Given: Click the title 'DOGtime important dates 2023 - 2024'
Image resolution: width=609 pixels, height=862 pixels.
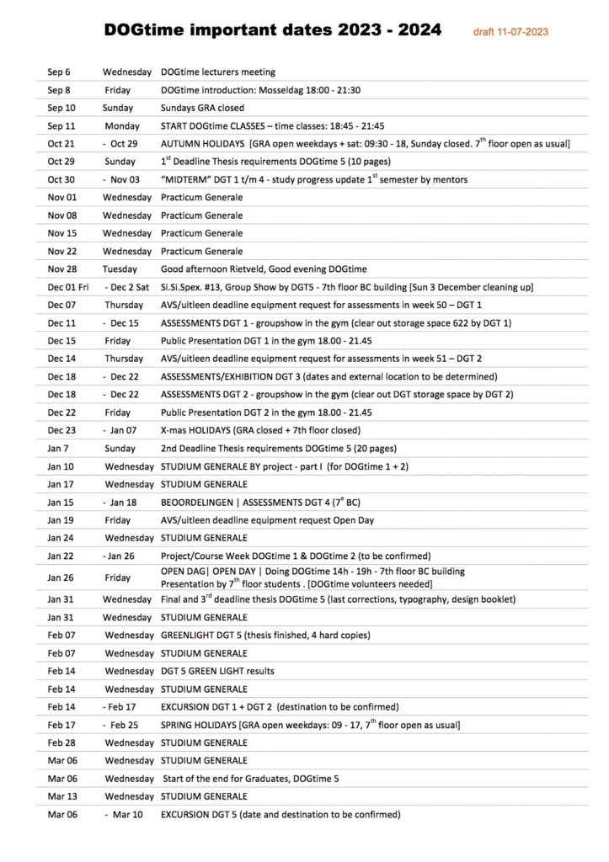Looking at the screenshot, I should tap(272, 30).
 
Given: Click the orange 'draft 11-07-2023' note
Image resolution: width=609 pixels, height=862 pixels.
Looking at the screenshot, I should tap(511, 32).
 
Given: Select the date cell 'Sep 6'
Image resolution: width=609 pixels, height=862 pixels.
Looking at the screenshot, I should tap(59, 72).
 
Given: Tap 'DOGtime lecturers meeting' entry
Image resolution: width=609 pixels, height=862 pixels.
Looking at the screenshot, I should tap(217, 72).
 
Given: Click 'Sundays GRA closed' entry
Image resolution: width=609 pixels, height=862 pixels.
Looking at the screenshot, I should tap(202, 108).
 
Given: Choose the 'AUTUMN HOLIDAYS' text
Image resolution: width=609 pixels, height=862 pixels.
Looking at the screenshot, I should tap(202, 144).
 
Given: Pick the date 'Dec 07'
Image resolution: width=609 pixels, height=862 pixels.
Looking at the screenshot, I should tap(61, 305).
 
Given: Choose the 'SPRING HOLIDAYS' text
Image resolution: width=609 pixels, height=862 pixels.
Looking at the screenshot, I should tap(199, 725).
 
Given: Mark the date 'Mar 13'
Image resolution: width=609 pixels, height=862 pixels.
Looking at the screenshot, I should tap(61, 796).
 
